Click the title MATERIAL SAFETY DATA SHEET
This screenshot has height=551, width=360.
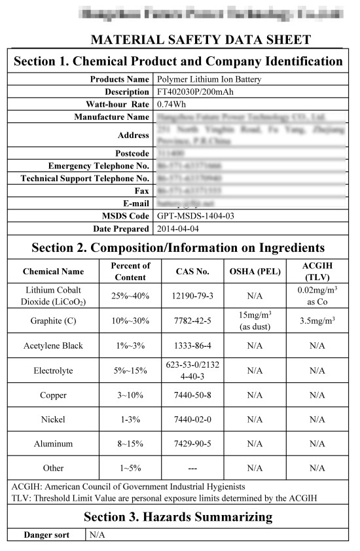point(200,39)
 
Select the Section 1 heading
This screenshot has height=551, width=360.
point(178,62)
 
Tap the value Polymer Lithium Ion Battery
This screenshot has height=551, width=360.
point(205,79)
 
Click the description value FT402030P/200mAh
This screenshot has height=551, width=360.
point(196,92)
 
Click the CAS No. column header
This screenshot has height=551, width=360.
point(192,271)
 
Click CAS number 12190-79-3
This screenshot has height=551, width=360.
point(192,296)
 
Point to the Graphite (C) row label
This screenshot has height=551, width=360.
point(54,321)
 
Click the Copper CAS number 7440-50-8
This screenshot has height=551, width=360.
point(192,395)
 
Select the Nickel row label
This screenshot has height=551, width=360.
point(54,419)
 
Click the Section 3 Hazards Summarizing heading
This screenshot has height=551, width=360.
point(178,517)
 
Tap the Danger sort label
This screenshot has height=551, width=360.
point(46,535)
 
